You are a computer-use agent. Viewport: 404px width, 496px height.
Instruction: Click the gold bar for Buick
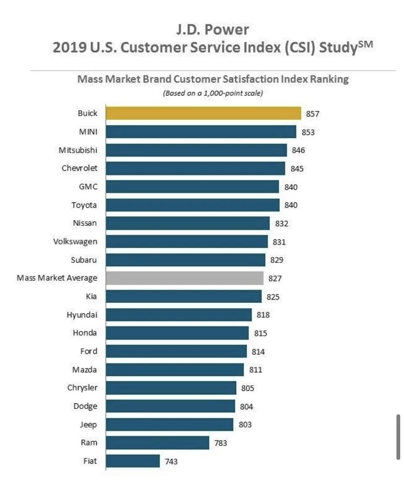pos(203,113)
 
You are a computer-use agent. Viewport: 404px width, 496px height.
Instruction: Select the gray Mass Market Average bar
pos(185,278)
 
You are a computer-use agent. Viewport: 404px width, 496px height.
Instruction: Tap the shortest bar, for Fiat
pos(133,461)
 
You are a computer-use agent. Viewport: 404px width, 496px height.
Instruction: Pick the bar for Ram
pos(157,443)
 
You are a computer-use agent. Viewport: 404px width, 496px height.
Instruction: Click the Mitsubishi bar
pos(197,150)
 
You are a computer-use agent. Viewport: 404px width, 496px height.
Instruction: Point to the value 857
pos(313,114)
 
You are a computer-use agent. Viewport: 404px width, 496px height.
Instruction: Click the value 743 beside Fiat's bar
pos(171,462)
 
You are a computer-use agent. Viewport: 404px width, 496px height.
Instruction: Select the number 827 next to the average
pos(275,279)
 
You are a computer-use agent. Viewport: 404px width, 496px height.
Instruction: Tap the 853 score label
pos(308,132)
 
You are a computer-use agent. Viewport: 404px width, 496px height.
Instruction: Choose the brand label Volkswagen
pos(75,241)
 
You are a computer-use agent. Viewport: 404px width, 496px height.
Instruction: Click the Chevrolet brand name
pos(80,168)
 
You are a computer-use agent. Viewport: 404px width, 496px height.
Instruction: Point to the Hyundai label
pos(82,315)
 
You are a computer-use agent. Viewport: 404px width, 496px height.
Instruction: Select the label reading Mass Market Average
pos(57,278)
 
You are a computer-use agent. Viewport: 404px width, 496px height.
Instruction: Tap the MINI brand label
pos(88,132)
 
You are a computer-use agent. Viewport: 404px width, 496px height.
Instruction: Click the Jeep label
pos(88,425)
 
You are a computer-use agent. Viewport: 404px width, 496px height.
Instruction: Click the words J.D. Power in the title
pos(213,30)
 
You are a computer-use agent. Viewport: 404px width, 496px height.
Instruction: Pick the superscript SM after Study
pos(366,44)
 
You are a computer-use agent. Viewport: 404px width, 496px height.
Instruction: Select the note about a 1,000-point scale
pos(213,93)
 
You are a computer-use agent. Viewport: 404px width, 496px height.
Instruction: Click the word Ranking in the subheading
pos(329,79)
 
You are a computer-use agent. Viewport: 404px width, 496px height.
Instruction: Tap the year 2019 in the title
pos(69,48)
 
